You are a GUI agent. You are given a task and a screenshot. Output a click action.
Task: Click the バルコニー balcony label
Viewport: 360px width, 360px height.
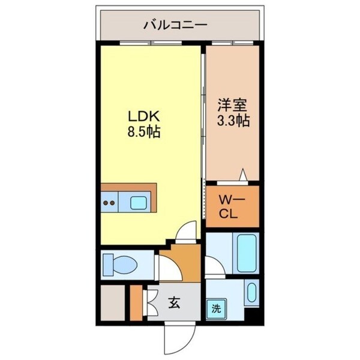(x=175, y=25)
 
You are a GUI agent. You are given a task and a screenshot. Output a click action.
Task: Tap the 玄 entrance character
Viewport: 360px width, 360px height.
(x=173, y=304)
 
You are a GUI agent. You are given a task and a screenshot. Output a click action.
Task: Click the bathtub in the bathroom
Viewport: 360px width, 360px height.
(x=247, y=253)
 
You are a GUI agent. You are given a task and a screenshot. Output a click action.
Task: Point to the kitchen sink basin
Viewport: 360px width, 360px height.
(x=139, y=202)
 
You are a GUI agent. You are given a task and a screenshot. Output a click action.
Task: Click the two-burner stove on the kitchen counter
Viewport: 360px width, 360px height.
(x=110, y=203)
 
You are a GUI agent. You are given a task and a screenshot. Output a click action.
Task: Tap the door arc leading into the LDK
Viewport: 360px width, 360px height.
(x=188, y=230)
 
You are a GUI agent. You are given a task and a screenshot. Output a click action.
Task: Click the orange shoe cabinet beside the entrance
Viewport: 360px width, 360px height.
(x=136, y=304)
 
